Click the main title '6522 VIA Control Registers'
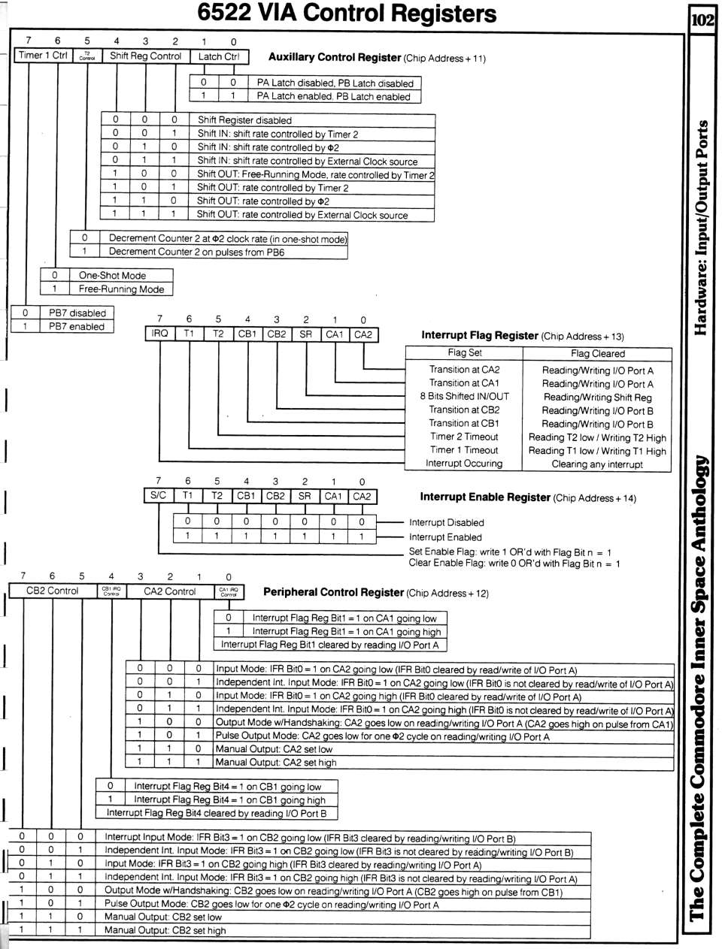click(347, 14)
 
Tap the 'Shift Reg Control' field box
click(145, 56)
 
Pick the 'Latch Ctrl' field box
click(218, 56)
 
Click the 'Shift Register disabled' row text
click(244, 120)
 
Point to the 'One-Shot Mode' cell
click(112, 276)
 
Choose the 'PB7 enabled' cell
click(77, 327)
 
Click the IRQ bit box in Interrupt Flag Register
click(159, 334)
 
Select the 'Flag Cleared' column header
click(597, 353)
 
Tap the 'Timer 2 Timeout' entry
click(464, 437)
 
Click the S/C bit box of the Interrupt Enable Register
click(159, 496)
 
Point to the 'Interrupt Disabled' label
click(447, 523)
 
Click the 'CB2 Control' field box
click(53, 591)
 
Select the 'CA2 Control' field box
click(170, 591)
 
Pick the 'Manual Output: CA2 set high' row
click(275, 763)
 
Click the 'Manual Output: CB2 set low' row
click(163, 917)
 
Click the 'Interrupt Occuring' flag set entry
click(464, 464)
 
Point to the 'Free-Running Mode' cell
click(121, 289)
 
